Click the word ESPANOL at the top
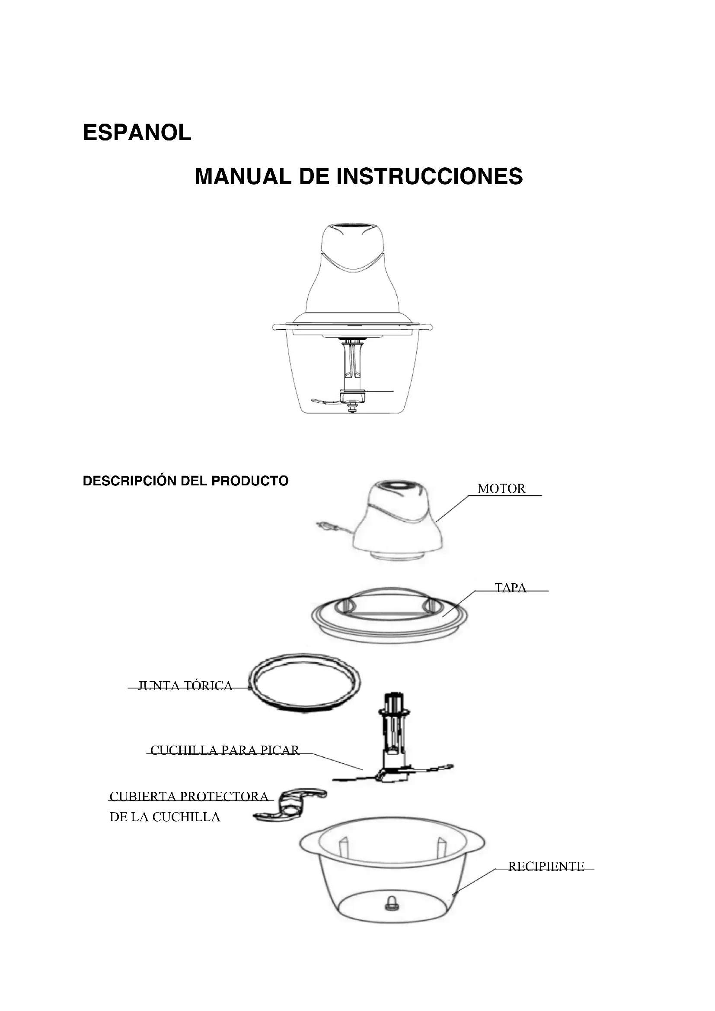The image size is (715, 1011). [x=137, y=133]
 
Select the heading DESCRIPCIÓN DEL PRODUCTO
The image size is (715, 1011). [x=185, y=481]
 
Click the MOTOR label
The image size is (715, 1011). [x=501, y=488]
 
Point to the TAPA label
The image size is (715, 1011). [x=510, y=588]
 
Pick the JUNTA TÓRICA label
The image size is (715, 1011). [x=185, y=686]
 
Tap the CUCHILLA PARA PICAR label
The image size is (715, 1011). [x=224, y=750]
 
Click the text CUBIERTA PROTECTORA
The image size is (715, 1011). [x=189, y=796]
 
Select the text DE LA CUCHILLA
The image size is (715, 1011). [x=165, y=817]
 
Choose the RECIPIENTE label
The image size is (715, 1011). [x=546, y=866]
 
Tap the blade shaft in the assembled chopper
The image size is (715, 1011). [x=353, y=368]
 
